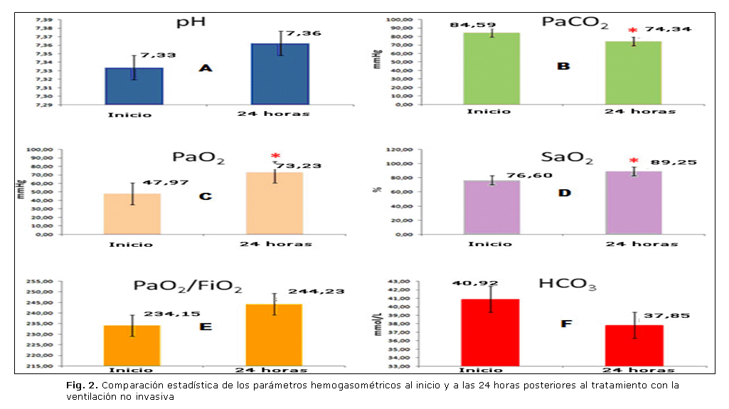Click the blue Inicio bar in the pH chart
tap(134, 86)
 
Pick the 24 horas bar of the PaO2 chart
tap(275, 203)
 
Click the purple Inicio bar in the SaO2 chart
tap(492, 207)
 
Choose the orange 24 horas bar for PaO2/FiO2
tap(274, 335)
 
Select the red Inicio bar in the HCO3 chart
tap(490, 332)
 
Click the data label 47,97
tap(166, 183)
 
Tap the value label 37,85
tap(666, 315)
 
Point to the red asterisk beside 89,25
tap(634, 161)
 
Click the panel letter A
tap(206, 68)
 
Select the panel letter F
tap(567, 324)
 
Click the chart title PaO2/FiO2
tap(188, 287)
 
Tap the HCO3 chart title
tap(567, 285)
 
